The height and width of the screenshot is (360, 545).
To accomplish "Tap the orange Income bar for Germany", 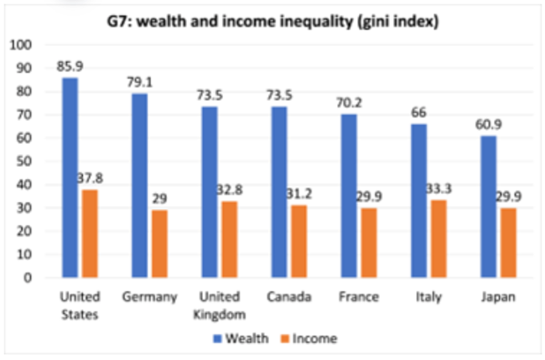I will [160, 243].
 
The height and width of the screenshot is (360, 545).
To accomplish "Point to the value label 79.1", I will [139, 81].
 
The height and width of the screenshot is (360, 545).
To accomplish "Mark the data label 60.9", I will [488, 123].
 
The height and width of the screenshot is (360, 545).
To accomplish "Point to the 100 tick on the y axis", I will [18, 44].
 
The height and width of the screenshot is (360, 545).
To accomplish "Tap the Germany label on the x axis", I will [150, 297].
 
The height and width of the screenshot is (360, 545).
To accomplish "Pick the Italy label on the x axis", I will [428, 297].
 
